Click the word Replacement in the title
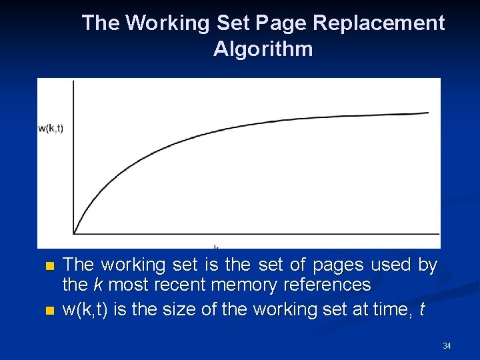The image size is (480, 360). coord(378,23)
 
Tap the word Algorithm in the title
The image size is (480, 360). coord(263,49)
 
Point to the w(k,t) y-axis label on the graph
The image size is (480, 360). coord(51,128)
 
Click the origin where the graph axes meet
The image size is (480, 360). coord(73,233)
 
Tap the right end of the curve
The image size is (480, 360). coord(428,113)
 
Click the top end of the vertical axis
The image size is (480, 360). coord(73,80)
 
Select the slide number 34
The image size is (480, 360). coord(447,345)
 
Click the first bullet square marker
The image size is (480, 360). coord(47,266)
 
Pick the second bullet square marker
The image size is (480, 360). coord(47,311)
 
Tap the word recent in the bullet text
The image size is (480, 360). coord(180,285)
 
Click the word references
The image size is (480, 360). coord(327,285)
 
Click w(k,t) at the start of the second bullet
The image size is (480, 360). coord(85,309)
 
